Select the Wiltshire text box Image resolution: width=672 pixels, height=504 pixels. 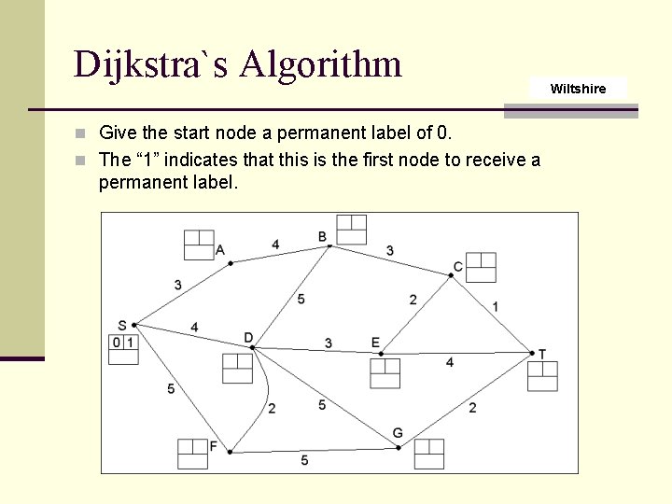click(578, 89)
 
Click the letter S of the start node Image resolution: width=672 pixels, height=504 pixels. click(122, 325)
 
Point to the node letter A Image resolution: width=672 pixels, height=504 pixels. click(220, 249)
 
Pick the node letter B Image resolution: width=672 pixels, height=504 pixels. click(322, 236)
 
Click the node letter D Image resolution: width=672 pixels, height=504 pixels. click(248, 337)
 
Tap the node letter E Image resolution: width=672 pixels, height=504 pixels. click(375, 343)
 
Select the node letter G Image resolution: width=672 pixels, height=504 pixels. click(398, 433)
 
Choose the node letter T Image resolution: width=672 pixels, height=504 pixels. click(542, 354)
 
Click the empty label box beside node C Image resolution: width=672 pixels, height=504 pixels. click(481, 267)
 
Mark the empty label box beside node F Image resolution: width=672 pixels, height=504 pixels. click(192, 454)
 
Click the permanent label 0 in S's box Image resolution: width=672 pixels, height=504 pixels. click(117, 343)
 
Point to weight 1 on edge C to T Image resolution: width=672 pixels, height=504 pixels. click(495, 306)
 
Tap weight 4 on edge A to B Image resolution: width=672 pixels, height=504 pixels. click(275, 245)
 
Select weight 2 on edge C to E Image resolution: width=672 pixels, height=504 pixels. click(413, 300)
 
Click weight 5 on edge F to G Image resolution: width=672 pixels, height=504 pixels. click(304, 460)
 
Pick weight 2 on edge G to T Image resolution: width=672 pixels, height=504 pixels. click(472, 407)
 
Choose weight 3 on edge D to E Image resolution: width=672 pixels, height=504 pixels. click(329, 343)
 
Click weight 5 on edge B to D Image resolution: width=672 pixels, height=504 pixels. click(301, 300)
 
